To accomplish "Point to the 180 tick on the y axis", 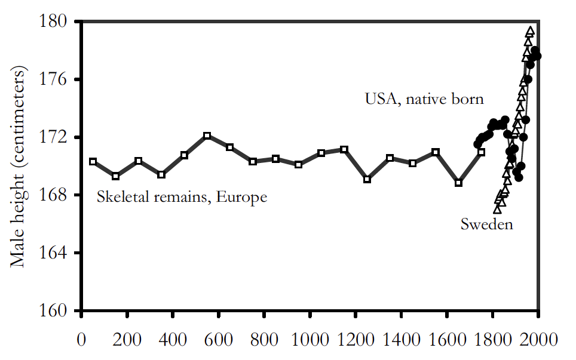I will tap(59, 21).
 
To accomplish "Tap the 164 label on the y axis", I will tap(59, 253).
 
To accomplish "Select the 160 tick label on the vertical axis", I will tap(59, 311).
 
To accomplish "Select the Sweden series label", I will tap(486, 224).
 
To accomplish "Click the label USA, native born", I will tap(424, 99).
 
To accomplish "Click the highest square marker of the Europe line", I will tap(207, 136).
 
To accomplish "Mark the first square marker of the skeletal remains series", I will tap(93, 162).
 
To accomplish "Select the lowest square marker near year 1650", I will tap(458, 183).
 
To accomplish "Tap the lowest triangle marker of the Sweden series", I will tap(497, 209).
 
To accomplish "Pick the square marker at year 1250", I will tap(367, 179).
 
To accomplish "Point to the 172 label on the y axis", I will tap(59, 137).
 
